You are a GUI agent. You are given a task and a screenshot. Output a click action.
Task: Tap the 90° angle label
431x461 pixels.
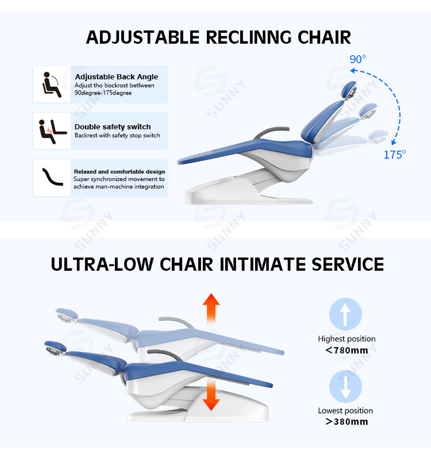[x=357, y=59]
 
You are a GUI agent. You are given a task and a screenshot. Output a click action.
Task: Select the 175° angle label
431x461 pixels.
[x=395, y=154]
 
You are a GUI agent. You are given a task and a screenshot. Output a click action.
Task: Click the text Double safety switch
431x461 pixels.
[x=113, y=126]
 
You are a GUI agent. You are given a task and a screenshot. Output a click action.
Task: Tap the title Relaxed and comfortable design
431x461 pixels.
[x=120, y=171]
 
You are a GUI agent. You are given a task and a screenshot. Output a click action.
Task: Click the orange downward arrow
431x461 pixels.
[x=211, y=395]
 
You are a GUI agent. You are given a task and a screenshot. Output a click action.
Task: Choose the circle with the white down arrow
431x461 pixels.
[x=345, y=387]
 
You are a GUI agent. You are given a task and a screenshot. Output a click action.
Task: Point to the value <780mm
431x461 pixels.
[x=346, y=350]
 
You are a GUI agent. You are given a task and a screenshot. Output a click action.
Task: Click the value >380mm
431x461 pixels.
[x=346, y=422]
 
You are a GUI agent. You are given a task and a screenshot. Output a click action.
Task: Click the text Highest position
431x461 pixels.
[x=347, y=339]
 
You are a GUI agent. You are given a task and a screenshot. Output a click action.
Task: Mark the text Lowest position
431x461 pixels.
[x=345, y=410]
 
